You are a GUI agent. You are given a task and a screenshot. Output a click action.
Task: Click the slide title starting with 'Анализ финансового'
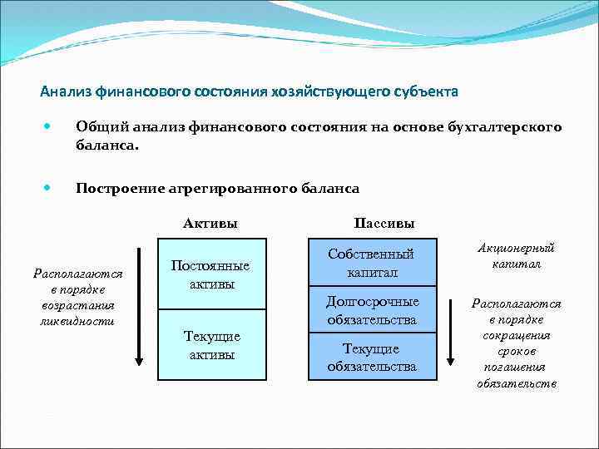[x=249, y=90]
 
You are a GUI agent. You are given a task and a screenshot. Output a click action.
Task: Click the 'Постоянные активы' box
[x=211, y=274]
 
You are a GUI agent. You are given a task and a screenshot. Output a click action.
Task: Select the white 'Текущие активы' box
[x=211, y=345]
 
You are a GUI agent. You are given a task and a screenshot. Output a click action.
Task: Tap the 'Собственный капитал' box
[x=373, y=263]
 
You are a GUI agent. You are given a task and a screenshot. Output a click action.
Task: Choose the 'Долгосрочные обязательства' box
[x=373, y=310]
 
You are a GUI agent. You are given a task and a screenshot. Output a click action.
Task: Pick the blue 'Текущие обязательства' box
[x=373, y=357]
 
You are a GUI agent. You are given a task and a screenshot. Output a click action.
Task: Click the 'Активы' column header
[x=210, y=223]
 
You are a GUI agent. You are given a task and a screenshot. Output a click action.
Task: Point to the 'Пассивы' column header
[x=384, y=223]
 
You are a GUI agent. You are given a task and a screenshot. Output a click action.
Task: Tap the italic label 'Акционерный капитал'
[x=516, y=256]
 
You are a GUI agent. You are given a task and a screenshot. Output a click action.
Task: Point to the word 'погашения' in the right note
[x=517, y=368]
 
